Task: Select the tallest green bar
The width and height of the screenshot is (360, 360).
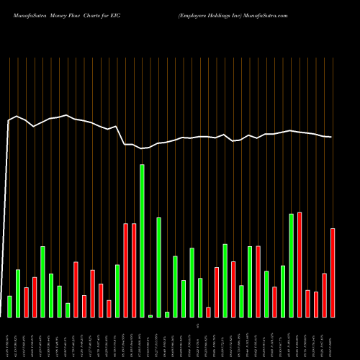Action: point(142,240)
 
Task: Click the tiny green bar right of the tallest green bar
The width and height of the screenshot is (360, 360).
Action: point(150,315)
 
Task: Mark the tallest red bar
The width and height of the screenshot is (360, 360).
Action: point(300,264)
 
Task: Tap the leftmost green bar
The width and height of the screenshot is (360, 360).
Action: point(9,306)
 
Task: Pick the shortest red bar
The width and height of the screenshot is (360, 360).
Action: point(208,312)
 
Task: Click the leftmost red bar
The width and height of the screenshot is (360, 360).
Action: point(26,302)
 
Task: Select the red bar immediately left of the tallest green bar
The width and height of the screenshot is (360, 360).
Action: point(134,270)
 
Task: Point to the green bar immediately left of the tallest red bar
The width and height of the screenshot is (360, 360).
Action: point(292,265)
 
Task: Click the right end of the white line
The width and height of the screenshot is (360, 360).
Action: point(332,137)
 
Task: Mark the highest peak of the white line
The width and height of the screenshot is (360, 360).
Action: point(67,115)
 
